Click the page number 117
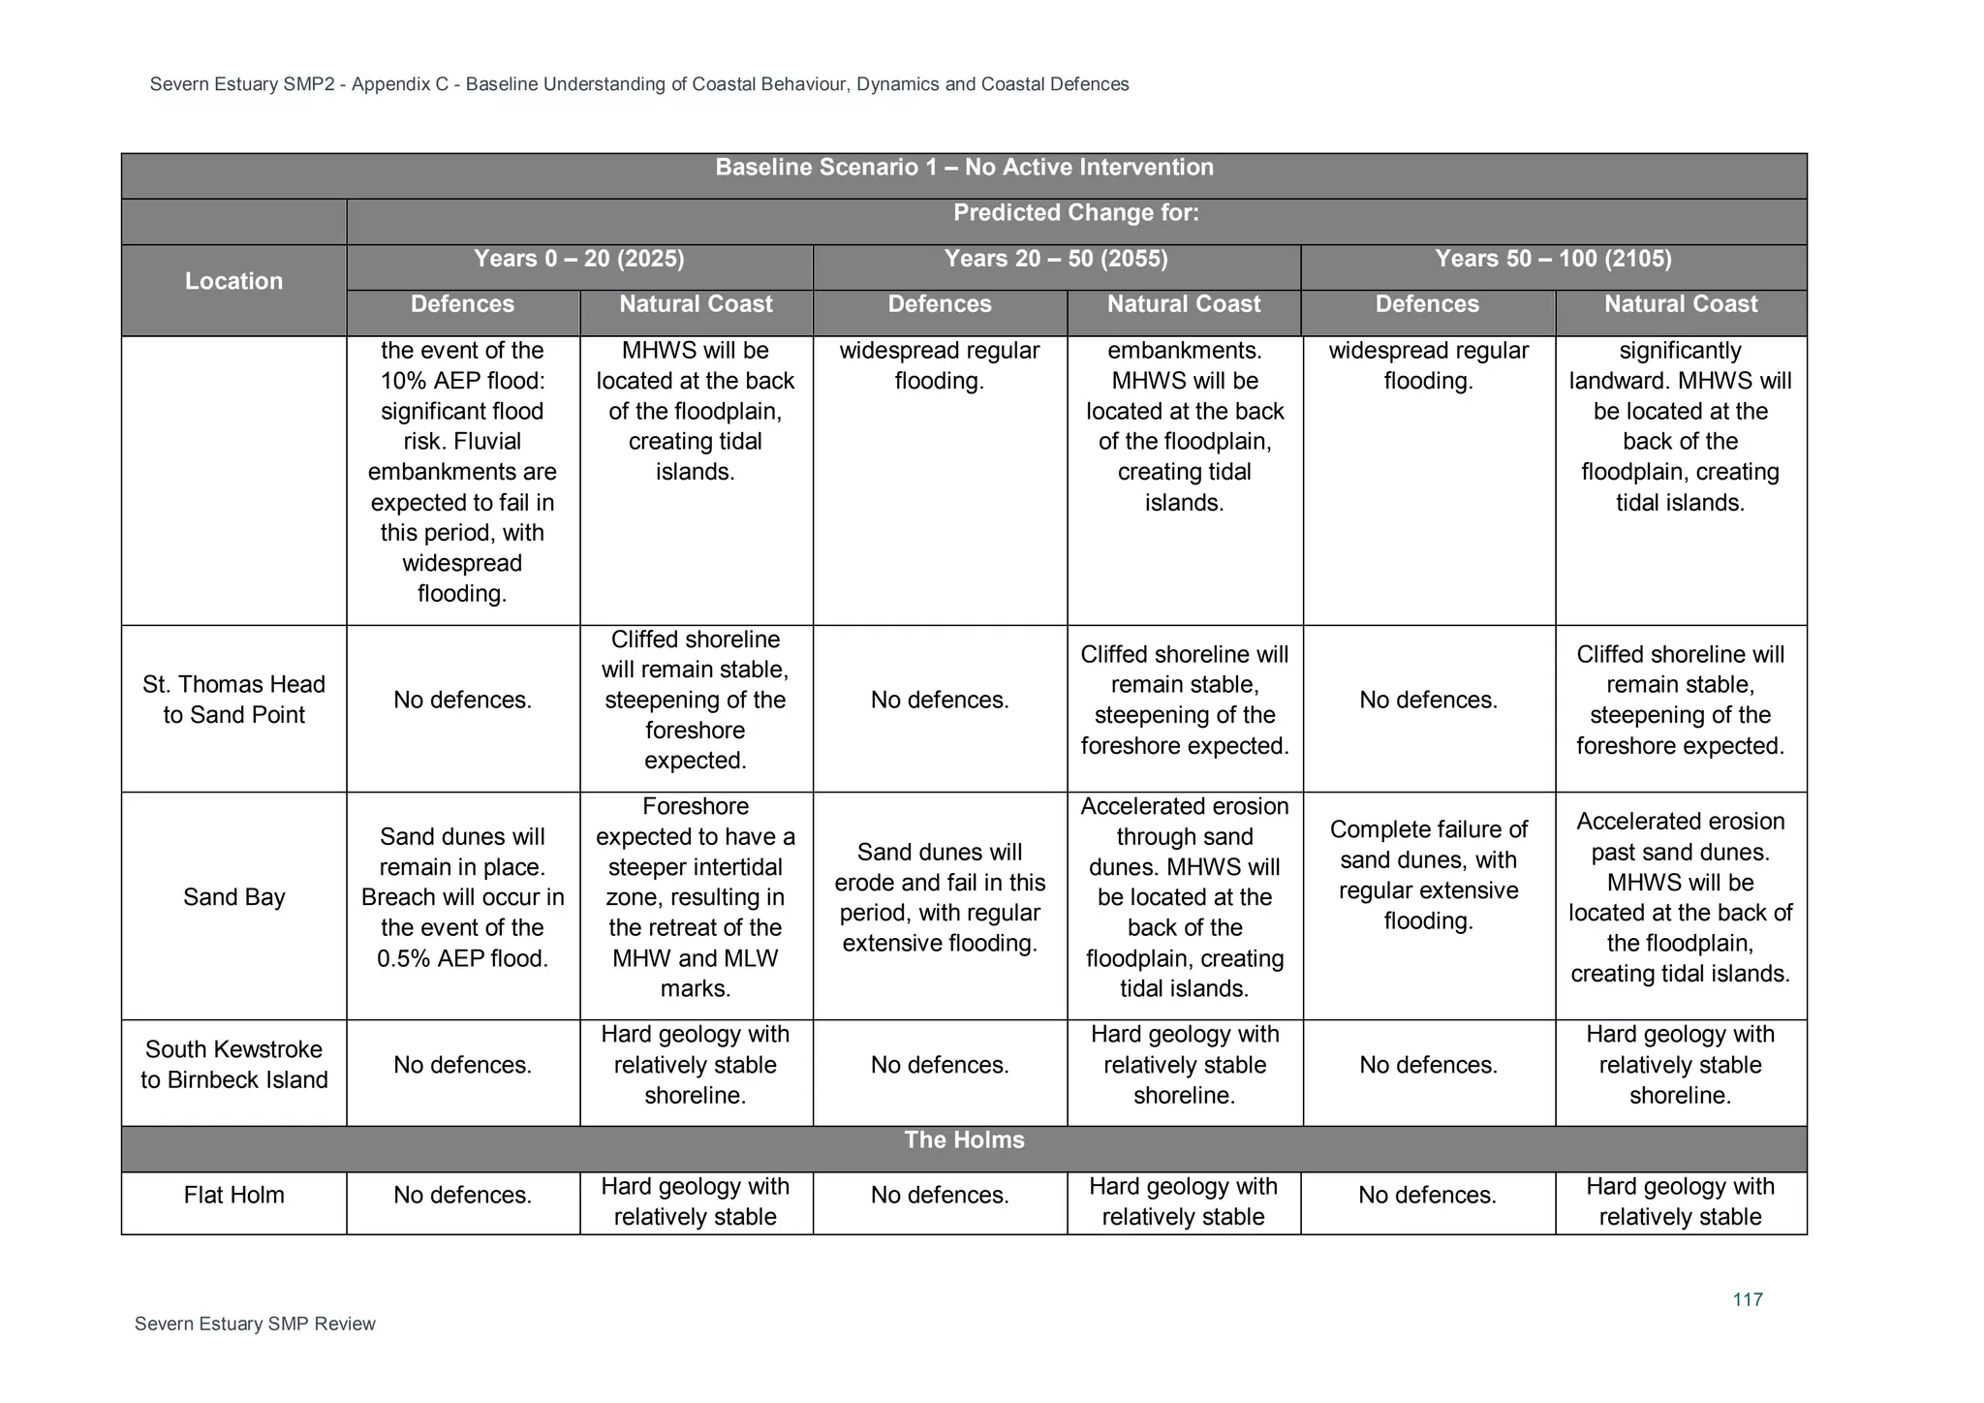tap(1747, 1299)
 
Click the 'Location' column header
tap(233, 281)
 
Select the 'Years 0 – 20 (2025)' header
tap(578, 259)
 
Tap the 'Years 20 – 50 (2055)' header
tap(1056, 259)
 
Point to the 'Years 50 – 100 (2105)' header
tap(1553, 259)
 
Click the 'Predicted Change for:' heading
tap(1075, 213)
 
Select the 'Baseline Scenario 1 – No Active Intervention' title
tap(964, 168)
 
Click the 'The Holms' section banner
tap(964, 1139)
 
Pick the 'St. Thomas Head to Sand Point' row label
tap(233, 700)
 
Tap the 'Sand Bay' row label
tap(233, 897)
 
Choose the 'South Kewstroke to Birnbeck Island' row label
tap(233, 1065)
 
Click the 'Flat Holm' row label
tap(233, 1195)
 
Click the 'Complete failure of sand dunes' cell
tap(1428, 875)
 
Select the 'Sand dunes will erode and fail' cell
tap(940, 897)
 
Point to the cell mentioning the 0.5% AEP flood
tap(462, 897)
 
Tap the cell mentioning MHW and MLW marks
tap(695, 897)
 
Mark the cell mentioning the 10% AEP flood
tap(462, 472)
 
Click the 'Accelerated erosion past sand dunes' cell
tap(1680, 897)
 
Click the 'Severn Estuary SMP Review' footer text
tap(255, 1324)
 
